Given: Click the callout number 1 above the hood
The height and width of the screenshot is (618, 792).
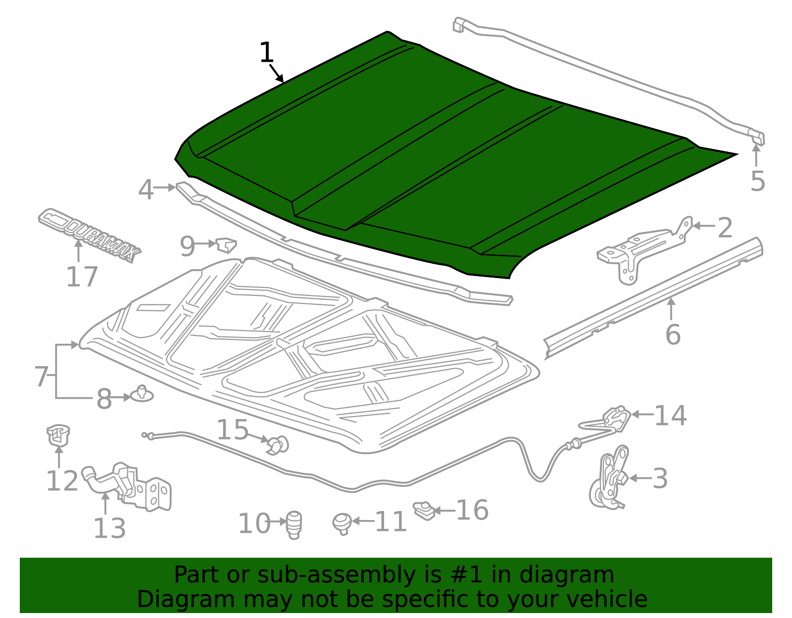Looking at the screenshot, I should coord(266,52).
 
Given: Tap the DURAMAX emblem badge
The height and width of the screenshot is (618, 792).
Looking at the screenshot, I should coord(90,234).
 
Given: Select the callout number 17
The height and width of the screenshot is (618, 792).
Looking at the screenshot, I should coord(82,277).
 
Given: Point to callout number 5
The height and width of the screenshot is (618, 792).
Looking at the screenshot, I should coord(757,181).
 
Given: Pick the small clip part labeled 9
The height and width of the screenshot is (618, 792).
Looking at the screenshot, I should coord(226,245).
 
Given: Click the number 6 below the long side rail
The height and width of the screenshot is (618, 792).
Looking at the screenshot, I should coord(673,334).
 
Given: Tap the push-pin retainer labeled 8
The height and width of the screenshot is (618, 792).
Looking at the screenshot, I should coord(142,394).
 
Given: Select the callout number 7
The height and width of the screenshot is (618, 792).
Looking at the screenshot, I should coord(42,377).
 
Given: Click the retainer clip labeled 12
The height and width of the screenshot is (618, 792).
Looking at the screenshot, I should coord(58,435).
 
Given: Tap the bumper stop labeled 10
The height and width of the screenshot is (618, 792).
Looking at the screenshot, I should coord(295,524).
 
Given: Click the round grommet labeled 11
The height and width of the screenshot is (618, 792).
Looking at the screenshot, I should coord(342,523).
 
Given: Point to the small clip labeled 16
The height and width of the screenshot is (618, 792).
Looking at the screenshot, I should coord(424,510).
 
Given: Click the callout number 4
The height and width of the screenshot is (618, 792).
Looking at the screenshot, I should coord(146,190).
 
